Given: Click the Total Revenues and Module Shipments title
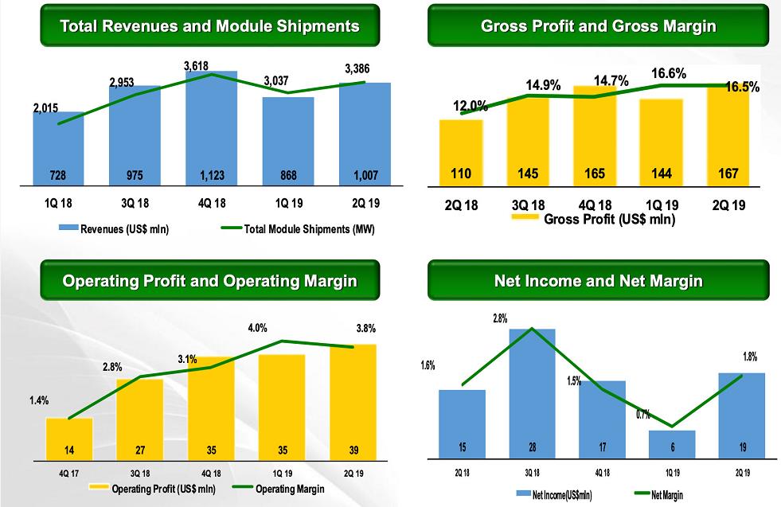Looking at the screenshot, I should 210,25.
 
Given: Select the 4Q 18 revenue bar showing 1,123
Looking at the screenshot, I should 211,131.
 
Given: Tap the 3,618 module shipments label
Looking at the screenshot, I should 197,66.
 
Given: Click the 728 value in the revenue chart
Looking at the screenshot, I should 58,175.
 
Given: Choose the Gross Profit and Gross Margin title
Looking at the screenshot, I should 598,25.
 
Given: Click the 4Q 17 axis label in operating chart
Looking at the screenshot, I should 69,471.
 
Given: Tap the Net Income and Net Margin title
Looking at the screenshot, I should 598,281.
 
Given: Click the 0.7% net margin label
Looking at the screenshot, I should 643,414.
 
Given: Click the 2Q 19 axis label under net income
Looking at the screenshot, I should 741,472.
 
